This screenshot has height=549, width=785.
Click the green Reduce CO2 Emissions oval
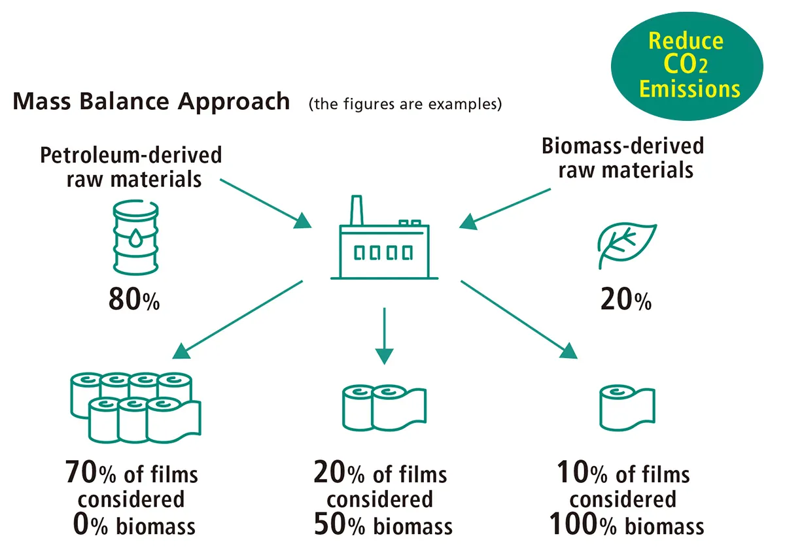click(x=686, y=65)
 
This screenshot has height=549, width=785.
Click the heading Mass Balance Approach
click(x=151, y=101)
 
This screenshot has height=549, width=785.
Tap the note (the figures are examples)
click(x=405, y=104)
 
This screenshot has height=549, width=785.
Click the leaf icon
click(x=626, y=245)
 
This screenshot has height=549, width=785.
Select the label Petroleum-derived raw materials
click(x=131, y=167)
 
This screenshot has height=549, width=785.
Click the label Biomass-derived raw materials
click(x=622, y=157)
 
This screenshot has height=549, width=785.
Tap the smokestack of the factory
click(x=357, y=209)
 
